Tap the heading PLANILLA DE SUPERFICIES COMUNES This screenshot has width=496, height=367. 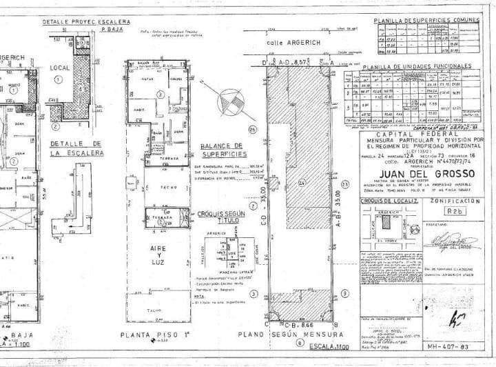pos(426,22)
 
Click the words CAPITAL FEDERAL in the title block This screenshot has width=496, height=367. pos(420,134)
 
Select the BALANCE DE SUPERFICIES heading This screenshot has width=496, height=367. pos(220,150)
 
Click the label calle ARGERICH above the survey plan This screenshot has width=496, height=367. pos(294,43)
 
